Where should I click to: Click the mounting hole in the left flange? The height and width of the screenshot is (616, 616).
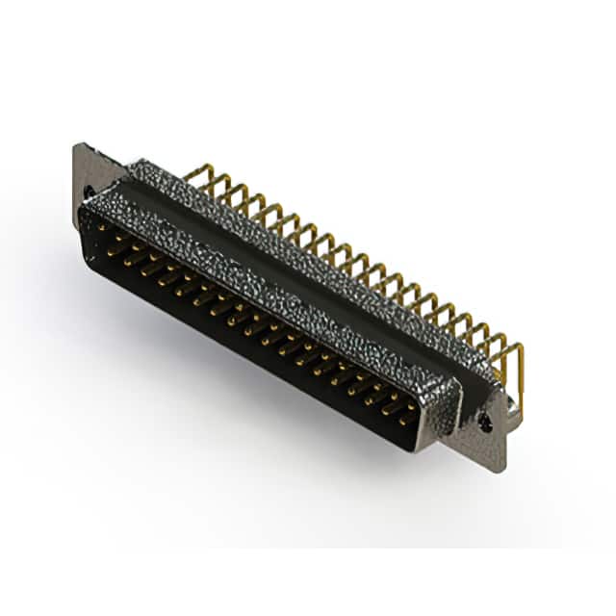coord(89,192)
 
